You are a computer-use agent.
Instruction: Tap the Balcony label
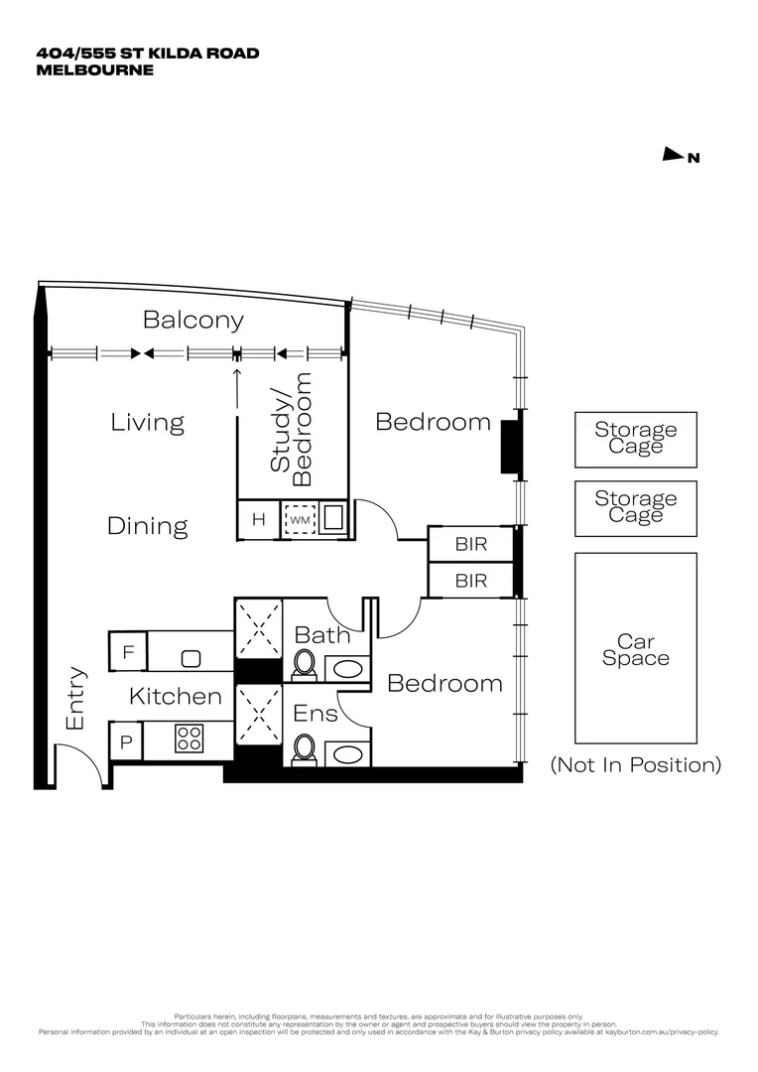point(193,320)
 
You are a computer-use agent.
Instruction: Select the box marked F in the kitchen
point(128,652)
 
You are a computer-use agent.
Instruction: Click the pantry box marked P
point(127,740)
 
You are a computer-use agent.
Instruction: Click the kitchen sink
point(191,657)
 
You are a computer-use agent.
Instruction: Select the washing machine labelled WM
point(300,519)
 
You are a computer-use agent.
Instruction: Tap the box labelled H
point(259,519)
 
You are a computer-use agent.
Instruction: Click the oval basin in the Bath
point(346,668)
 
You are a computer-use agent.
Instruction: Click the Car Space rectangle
point(636,648)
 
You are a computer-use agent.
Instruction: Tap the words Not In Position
point(635,765)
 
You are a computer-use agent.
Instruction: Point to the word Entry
point(75,699)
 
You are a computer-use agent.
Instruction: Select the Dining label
point(148,526)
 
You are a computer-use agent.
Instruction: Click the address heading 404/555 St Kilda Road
point(148,53)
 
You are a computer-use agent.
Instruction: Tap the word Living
point(148,422)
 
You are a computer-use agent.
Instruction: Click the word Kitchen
point(176,697)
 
